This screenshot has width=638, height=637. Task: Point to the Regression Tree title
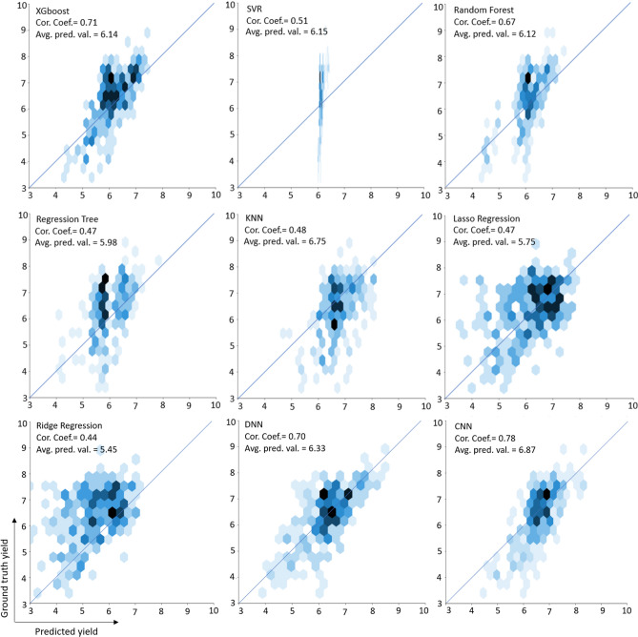[x=72, y=219]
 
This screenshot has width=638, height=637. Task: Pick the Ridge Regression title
[x=75, y=426]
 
